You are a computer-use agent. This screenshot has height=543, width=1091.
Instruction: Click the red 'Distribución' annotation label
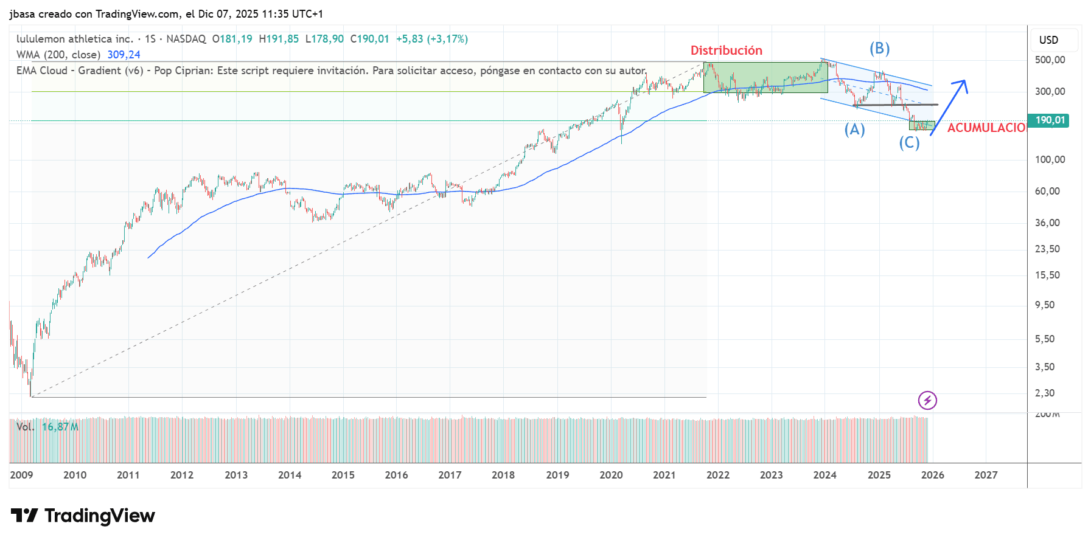click(726, 50)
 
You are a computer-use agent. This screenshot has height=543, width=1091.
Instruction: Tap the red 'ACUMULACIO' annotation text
click(986, 128)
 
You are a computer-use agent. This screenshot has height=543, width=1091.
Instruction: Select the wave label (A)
click(854, 130)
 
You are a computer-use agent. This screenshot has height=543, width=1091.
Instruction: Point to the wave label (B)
click(879, 49)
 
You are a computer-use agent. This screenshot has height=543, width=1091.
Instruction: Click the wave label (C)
click(909, 143)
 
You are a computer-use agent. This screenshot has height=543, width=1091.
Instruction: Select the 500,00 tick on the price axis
click(1050, 60)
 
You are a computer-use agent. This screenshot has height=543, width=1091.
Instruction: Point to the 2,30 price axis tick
click(1045, 393)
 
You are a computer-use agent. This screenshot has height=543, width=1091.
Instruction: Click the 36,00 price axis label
click(1047, 223)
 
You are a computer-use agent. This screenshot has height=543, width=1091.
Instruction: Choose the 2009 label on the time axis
click(21, 475)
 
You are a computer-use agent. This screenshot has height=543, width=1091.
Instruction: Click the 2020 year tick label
click(611, 475)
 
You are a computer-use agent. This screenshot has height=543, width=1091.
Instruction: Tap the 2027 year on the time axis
click(986, 475)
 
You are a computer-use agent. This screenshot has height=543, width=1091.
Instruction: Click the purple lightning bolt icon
click(927, 400)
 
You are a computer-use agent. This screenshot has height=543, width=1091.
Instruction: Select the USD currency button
click(1048, 40)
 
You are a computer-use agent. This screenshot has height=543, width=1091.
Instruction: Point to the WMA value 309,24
click(124, 55)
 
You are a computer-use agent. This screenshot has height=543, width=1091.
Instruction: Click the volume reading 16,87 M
click(60, 427)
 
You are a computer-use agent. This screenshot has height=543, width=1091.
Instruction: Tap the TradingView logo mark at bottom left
click(24, 516)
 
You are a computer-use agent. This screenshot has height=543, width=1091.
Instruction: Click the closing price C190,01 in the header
click(369, 39)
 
